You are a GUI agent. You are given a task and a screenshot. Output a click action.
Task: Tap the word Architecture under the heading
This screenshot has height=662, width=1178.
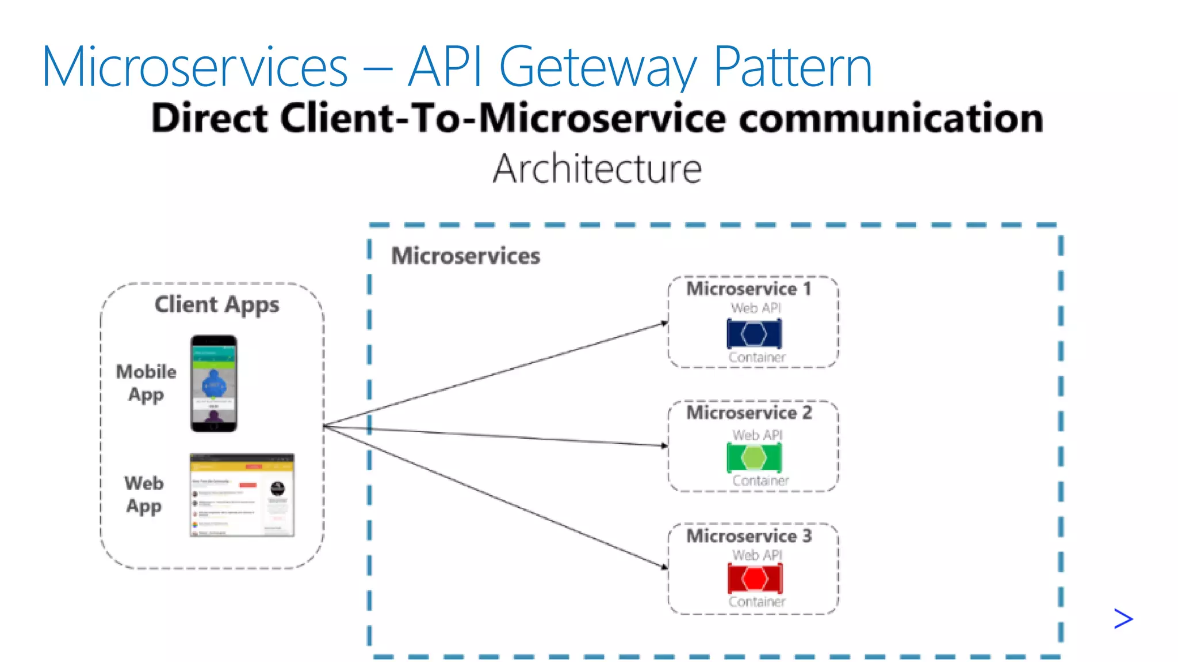coord(597,169)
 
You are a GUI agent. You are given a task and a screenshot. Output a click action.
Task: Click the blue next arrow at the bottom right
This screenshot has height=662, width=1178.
coord(1123,619)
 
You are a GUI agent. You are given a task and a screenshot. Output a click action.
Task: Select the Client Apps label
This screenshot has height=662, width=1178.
coord(217,305)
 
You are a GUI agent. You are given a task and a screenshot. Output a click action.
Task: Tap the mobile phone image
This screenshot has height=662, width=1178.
coord(213,383)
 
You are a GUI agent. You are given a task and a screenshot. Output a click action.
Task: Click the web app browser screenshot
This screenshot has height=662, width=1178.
coord(242,495)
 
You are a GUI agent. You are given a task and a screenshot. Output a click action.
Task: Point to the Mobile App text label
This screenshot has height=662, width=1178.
coord(146,383)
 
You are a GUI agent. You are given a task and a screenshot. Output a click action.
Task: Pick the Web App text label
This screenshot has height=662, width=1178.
coord(144,494)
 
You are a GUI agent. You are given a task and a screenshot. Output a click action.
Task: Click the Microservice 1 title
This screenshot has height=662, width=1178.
coord(749,288)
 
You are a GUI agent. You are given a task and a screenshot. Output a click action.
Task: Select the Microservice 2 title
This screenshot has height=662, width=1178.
coord(749,413)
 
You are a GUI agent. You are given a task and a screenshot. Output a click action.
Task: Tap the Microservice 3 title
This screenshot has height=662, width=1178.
coord(749,536)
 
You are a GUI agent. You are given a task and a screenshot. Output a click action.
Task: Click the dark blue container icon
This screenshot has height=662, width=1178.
coord(754,334)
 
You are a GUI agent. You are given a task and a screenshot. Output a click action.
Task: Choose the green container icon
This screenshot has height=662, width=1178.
coord(754,458)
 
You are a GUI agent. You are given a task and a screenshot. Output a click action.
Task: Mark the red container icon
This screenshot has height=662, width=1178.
coord(755,579)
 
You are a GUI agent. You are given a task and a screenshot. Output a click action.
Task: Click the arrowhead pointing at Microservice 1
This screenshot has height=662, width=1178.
coord(664,324)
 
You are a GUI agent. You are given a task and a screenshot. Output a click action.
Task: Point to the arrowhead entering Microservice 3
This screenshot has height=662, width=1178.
coord(664,567)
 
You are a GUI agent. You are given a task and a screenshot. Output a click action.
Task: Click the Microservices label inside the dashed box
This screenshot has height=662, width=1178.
coord(466,256)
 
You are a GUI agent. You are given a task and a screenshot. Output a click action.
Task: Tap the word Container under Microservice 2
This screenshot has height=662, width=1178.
coord(760,481)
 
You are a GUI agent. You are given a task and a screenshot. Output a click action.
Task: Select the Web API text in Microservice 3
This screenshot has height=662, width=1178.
coord(757,555)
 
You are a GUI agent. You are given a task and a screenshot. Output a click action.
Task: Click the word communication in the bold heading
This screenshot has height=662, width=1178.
coord(891,118)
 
